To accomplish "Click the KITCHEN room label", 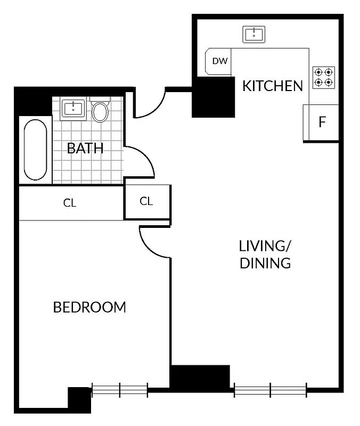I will click(273, 86).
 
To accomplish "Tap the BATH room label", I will click(85, 148).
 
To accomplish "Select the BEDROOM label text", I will click(89, 307).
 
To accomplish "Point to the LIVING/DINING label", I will click(265, 255).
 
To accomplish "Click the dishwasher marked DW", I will click(219, 61).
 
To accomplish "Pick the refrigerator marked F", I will click(321, 122).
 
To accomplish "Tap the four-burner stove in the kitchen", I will click(323, 77).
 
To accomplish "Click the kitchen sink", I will click(254, 35).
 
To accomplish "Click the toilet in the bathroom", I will click(100, 110).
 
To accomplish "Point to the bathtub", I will click(35, 150).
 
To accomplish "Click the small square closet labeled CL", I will click(146, 201).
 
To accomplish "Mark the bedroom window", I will click(119, 390).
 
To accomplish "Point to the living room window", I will click(271, 390).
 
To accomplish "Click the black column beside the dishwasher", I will click(213, 96).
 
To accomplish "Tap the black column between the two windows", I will click(200, 377).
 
